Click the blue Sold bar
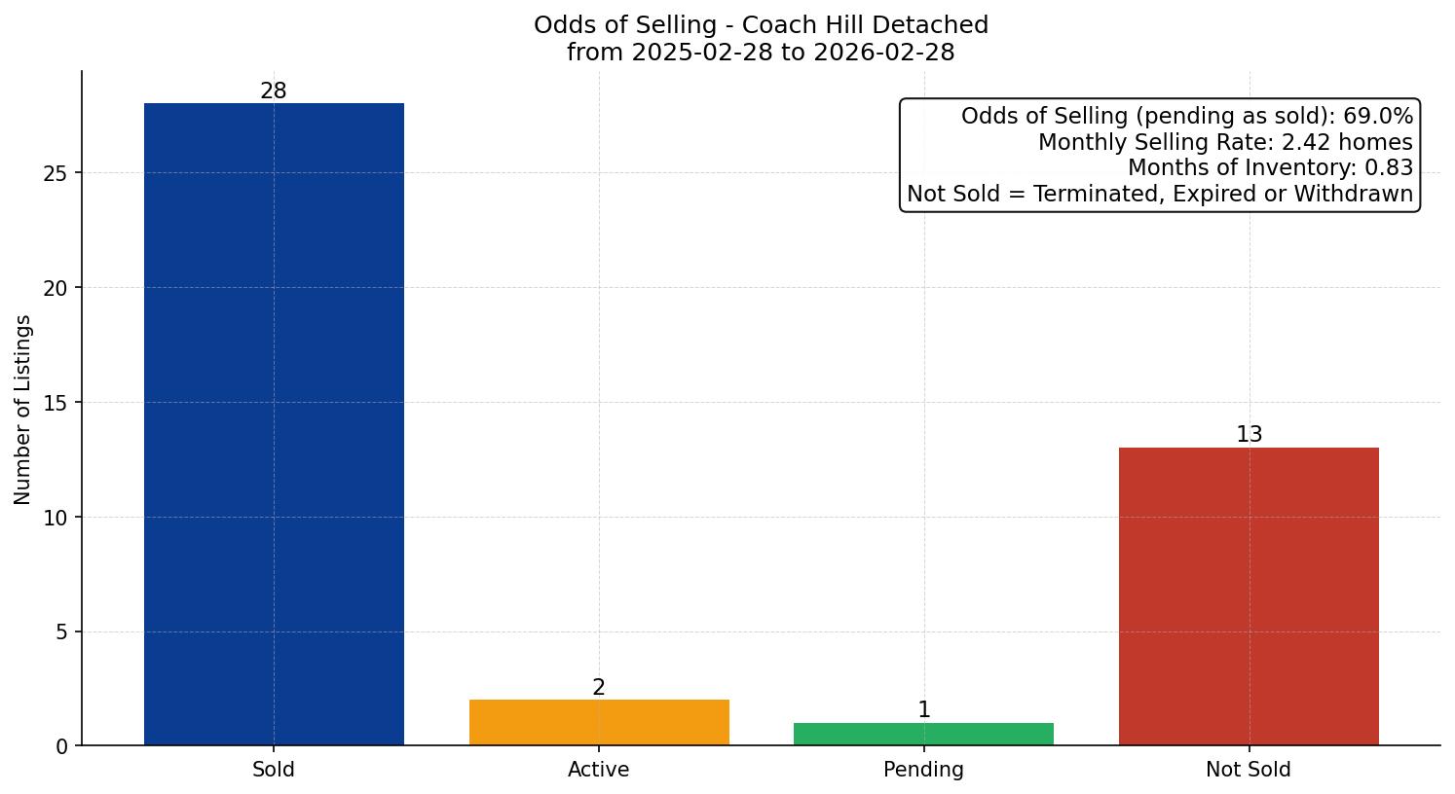(x=274, y=424)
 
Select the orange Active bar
(x=599, y=722)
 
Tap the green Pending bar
(x=923, y=734)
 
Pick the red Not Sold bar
(x=1249, y=595)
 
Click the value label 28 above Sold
(x=274, y=91)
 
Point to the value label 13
(x=1249, y=435)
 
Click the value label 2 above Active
(x=599, y=688)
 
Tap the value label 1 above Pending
(x=923, y=710)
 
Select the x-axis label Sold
(x=274, y=770)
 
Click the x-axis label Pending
(x=923, y=770)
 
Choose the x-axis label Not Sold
(x=1249, y=770)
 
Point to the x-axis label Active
(x=599, y=770)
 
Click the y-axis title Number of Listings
(x=23, y=409)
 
